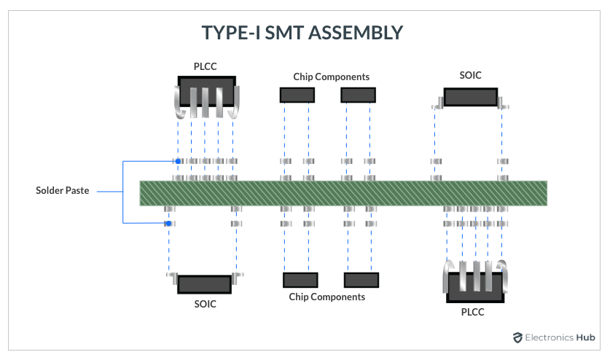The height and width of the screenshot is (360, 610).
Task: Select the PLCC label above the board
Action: [x=205, y=66]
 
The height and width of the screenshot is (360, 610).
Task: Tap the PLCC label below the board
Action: [x=472, y=312]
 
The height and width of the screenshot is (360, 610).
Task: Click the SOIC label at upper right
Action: [x=470, y=75]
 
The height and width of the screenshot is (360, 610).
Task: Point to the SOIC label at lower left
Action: [x=205, y=304]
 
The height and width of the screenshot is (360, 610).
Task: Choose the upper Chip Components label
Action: [x=331, y=77]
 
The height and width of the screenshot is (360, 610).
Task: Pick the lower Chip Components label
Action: [x=327, y=297]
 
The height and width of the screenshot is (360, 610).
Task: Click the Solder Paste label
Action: [x=63, y=191]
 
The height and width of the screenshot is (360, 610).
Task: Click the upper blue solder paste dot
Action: [x=177, y=161]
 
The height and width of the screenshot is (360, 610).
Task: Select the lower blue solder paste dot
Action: [x=168, y=224]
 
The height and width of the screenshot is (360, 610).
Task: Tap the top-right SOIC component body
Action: [x=471, y=97]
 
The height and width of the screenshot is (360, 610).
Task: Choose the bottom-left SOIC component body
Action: [x=204, y=284]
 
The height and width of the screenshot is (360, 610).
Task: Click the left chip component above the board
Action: [x=297, y=95]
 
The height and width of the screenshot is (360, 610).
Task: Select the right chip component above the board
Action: [x=358, y=95]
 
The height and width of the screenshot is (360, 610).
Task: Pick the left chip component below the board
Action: [x=300, y=280]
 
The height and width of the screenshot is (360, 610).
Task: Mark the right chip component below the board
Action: [x=361, y=280]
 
